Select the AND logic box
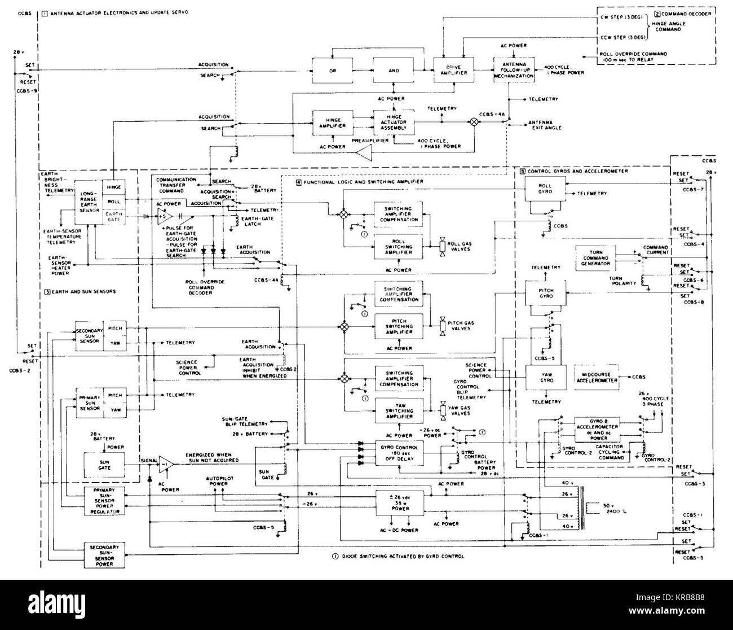tap(394, 71)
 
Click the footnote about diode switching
tap(398, 556)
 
